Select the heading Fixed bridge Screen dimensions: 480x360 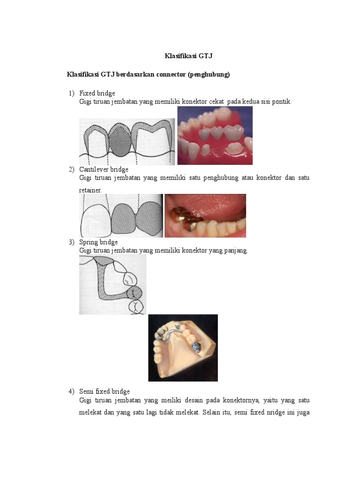click(97, 93)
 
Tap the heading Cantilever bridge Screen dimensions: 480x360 click(104, 169)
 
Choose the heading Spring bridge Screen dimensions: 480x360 click(98, 242)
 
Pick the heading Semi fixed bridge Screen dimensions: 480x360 click(105, 391)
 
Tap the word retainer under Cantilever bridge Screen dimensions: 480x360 click(90, 190)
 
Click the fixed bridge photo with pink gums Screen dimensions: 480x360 click(215, 135)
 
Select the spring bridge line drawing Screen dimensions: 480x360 click(112, 285)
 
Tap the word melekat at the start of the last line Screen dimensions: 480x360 click(90, 414)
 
